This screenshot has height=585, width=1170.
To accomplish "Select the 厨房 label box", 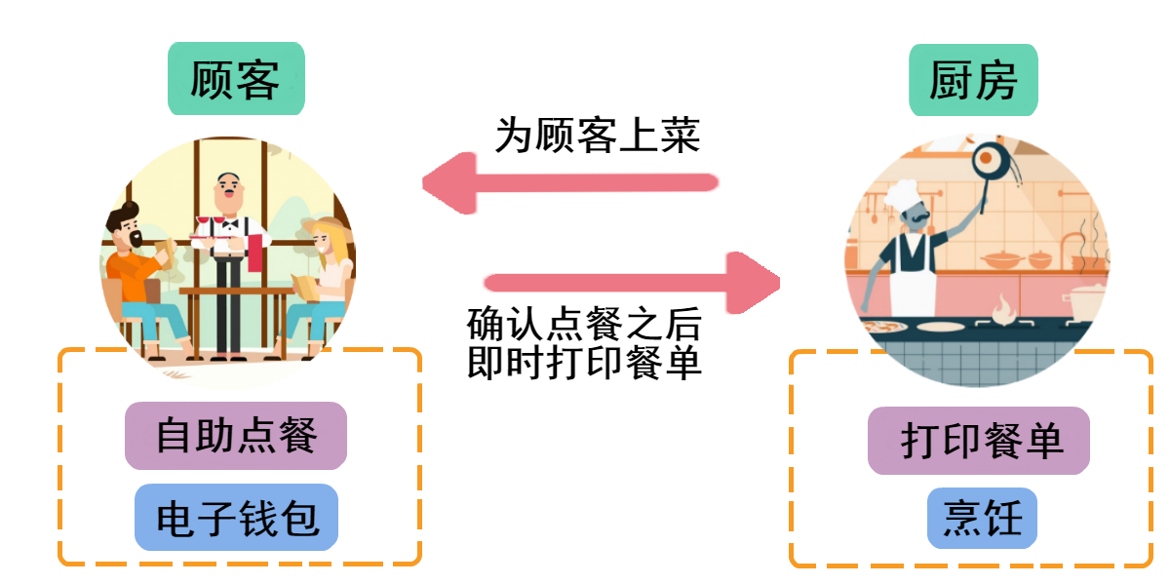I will (x=973, y=81).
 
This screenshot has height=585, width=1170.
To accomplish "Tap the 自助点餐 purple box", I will (x=236, y=435).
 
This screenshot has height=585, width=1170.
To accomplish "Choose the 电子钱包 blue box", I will (x=236, y=518).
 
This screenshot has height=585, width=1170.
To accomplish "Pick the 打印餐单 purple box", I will (x=979, y=441).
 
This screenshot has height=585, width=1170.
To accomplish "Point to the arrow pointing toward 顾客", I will (x=570, y=182).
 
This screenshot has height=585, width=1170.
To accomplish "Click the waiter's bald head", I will (x=228, y=184).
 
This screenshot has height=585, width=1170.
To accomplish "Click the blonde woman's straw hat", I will (x=329, y=231).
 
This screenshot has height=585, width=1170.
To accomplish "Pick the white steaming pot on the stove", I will (x=1085, y=302).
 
